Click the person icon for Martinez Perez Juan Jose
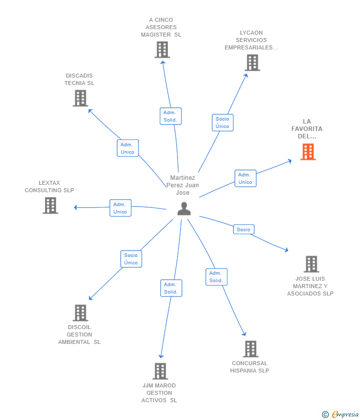184,209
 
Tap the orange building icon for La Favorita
308,152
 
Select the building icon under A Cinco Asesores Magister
162,50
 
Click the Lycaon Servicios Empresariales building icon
252,63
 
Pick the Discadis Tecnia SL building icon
80,98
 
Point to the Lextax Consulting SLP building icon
50,205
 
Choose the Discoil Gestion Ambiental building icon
80,313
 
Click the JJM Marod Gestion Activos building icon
160,371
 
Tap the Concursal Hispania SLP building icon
250,349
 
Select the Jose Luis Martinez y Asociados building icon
311,264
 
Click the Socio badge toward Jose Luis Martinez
243,229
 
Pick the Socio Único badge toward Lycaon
223,123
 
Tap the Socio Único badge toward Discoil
131,259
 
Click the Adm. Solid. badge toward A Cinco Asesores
170,116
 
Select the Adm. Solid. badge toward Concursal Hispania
216,277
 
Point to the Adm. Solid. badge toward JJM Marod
171,288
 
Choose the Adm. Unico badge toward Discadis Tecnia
128,148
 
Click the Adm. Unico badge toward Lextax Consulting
120,208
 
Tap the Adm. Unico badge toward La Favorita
245,178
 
